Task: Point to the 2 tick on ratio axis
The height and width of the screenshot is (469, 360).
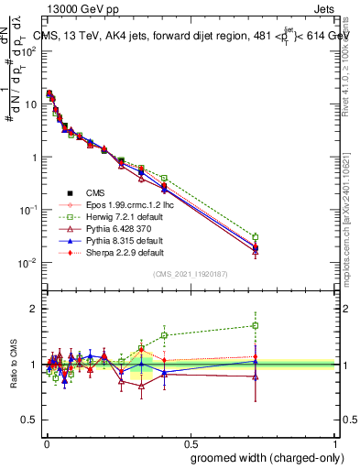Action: (34, 309)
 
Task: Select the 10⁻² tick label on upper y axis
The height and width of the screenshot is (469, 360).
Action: (28, 263)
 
